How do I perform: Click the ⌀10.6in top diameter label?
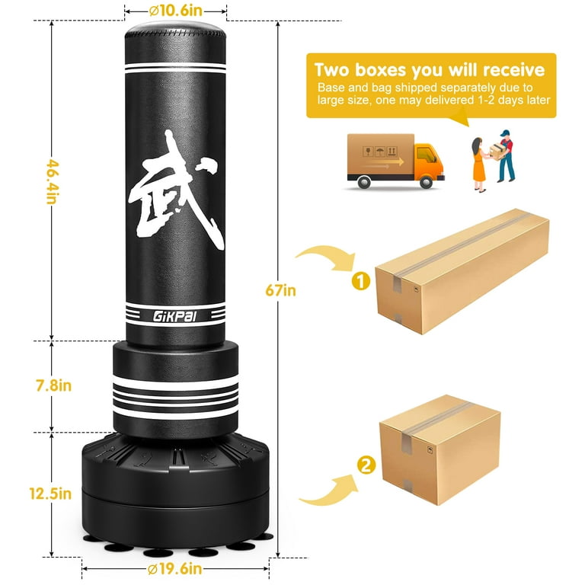(x=175, y=11)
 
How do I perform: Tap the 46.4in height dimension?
(x=53, y=182)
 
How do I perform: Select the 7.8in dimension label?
(x=54, y=385)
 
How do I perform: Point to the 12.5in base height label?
(x=50, y=494)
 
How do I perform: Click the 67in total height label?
(x=280, y=290)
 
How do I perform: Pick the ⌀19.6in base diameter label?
(x=174, y=568)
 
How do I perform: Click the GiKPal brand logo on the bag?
(x=174, y=316)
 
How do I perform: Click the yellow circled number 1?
(x=361, y=281)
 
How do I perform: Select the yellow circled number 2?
(x=366, y=465)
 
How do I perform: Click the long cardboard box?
(x=462, y=271)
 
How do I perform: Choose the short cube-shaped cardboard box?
(x=440, y=449)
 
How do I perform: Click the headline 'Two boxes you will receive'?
(x=430, y=70)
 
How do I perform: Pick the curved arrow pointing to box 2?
(x=328, y=490)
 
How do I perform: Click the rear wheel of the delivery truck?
(x=363, y=182)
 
